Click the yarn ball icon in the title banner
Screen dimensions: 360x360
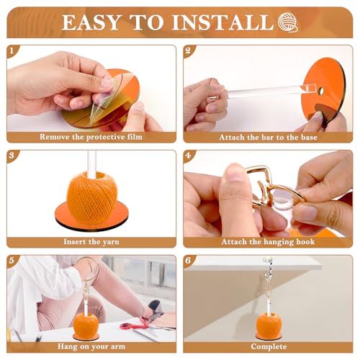click(288, 22)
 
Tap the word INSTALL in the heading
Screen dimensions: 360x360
click(223, 22)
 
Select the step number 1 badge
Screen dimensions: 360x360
click(12, 51)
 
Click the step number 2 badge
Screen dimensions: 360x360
click(188, 50)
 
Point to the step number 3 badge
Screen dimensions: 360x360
click(12, 156)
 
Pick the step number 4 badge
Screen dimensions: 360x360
click(188, 156)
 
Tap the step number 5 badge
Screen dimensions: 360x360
click(12, 261)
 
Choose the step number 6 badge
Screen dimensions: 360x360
click(188, 261)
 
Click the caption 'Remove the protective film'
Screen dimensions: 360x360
click(91, 137)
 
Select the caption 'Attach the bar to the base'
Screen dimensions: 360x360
click(268, 137)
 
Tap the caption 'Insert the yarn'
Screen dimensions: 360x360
click(91, 242)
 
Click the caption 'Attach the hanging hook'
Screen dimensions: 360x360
click(268, 242)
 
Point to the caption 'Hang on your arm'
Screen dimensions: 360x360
click(91, 346)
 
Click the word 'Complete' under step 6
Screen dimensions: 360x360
click(269, 346)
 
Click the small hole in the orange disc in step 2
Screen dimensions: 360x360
click(321, 91)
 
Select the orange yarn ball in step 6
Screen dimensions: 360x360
click(269, 325)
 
